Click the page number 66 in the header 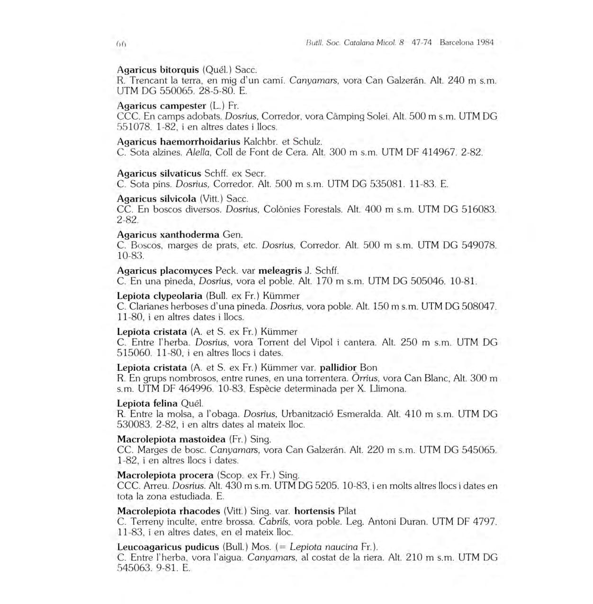click(120, 44)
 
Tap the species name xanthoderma click(189, 234)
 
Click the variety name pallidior click(338, 368)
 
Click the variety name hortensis click(314, 511)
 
